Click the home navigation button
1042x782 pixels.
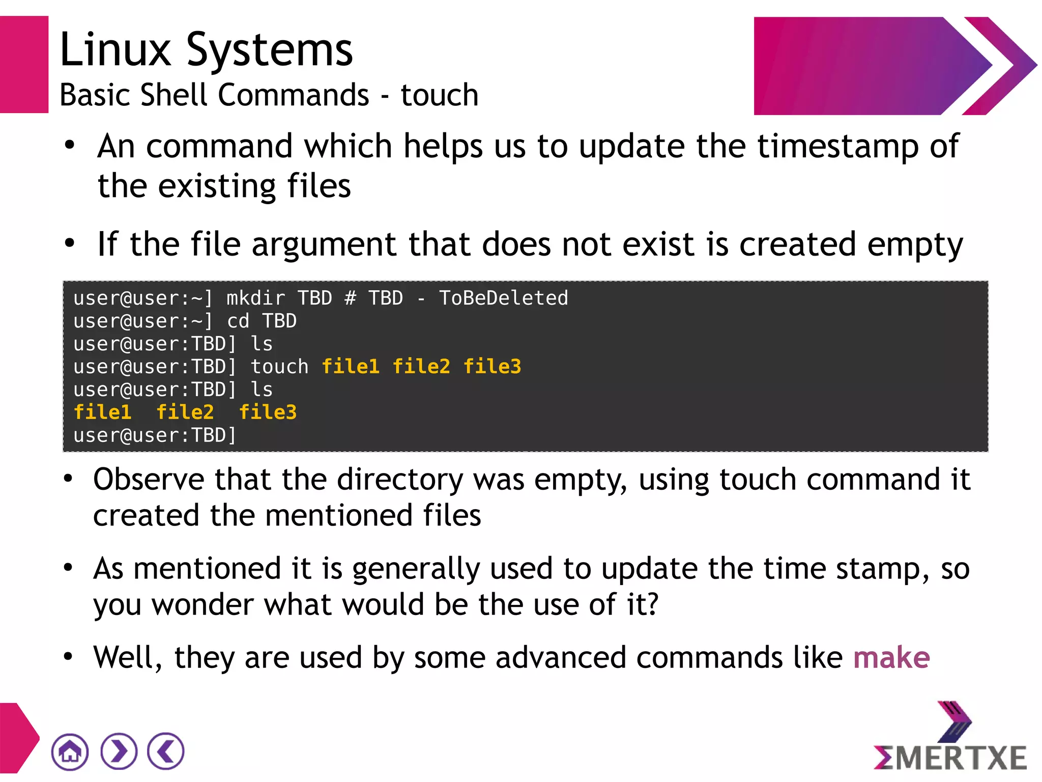[70, 751]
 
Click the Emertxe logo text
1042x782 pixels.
[950, 758]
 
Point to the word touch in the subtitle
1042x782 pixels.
[440, 95]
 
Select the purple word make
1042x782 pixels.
[891, 657]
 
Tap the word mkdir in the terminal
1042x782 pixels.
[256, 298]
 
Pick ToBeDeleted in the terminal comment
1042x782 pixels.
[504, 298]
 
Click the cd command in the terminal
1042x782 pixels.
[238, 321]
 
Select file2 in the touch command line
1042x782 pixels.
[421, 367]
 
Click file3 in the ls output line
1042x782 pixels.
[268, 412]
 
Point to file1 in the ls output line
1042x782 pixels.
[102, 412]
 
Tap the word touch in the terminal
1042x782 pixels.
[279, 367]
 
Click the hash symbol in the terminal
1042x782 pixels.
[350, 298]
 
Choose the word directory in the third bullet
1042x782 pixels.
[400, 480]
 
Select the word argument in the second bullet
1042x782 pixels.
[324, 244]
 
